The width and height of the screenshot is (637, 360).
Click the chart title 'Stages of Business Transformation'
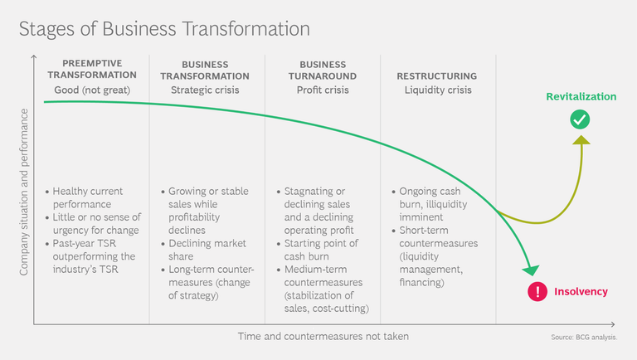pyautogui.click(x=164, y=29)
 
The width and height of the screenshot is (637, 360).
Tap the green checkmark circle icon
pyautogui.click(x=580, y=119)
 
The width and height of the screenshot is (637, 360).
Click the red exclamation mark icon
pyautogui.click(x=537, y=291)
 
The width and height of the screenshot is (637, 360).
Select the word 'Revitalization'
pyautogui.click(x=581, y=97)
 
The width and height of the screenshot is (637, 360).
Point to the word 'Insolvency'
pyautogui.click(x=581, y=291)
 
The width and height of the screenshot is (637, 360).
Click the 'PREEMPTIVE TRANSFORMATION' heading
pyautogui.click(x=92, y=69)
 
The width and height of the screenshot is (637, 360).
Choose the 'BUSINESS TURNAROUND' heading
pyautogui.click(x=323, y=71)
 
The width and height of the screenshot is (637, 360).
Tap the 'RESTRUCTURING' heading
pyautogui.click(x=437, y=76)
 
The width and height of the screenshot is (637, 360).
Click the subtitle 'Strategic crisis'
pyautogui.click(x=205, y=90)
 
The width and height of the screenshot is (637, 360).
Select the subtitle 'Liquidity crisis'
pyautogui.click(x=438, y=90)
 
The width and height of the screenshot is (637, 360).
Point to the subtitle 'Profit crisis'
pyautogui.click(x=323, y=90)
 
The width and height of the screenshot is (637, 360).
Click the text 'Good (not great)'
pyautogui.click(x=92, y=90)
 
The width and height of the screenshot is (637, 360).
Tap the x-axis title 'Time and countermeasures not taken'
pyautogui.click(x=323, y=337)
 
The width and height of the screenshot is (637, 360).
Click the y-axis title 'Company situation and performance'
pyautogui.click(x=24, y=192)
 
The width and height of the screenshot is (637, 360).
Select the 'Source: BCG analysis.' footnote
pyautogui.click(x=584, y=338)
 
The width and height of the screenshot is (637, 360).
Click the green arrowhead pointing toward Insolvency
pyautogui.click(x=531, y=270)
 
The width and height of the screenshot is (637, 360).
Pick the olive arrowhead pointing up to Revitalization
pyautogui.click(x=581, y=140)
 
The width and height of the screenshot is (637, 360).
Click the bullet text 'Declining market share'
pyautogui.click(x=207, y=250)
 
